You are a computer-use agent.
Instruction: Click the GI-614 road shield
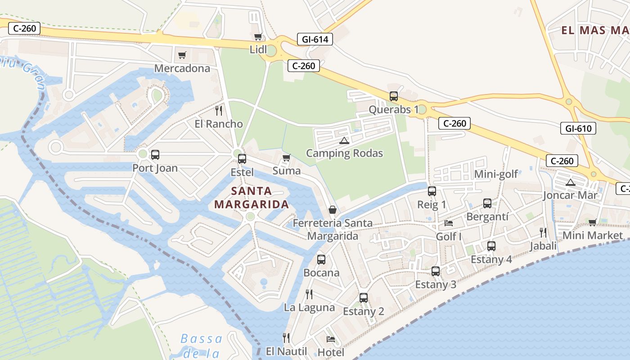click(315, 39)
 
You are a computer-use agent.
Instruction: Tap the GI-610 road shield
click(578, 128)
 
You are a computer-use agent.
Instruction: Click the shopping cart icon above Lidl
click(258, 37)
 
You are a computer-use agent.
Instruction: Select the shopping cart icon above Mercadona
click(182, 55)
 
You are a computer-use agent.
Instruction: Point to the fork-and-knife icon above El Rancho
click(219, 111)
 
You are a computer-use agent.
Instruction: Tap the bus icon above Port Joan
click(155, 155)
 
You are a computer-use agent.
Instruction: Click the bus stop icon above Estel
click(242, 158)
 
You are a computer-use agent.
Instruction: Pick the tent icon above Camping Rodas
click(344, 140)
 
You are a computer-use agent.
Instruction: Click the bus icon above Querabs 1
click(394, 96)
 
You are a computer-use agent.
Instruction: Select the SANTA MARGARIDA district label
click(252, 198)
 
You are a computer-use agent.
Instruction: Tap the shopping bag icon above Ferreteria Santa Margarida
click(333, 210)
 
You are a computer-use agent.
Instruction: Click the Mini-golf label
click(496, 174)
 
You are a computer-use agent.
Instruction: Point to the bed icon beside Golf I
click(449, 223)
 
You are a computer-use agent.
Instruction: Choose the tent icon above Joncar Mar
click(571, 182)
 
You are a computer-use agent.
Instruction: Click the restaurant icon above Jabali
click(543, 233)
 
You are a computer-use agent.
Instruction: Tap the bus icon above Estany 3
click(435, 271)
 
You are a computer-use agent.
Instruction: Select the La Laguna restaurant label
click(310, 308)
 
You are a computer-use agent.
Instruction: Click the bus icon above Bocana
click(321, 260)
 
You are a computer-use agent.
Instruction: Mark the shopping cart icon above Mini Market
click(593, 222)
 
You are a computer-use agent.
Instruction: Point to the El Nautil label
click(287, 351)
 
